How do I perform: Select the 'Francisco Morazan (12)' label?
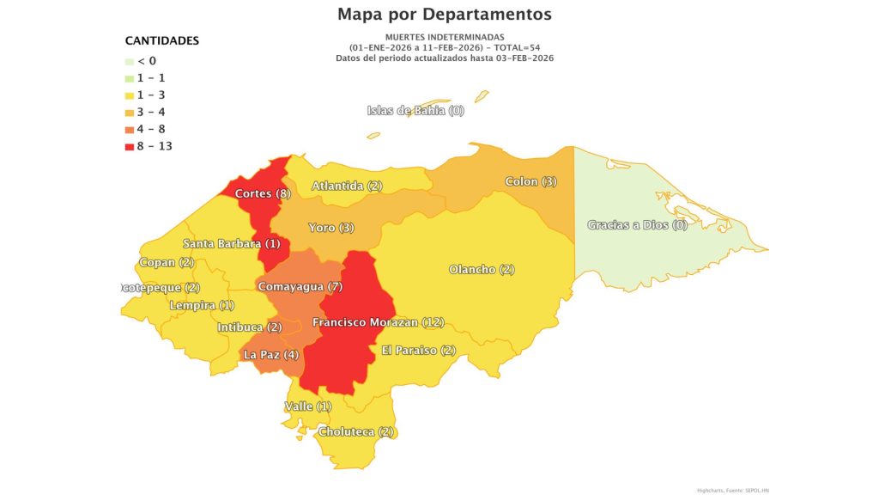click(378, 322)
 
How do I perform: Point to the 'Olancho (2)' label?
click(482, 270)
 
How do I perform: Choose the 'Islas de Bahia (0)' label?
click(415, 110)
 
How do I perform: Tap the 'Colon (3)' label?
click(530, 181)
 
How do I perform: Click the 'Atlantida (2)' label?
click(347, 186)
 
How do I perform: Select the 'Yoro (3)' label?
click(330, 228)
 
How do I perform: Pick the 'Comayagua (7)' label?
click(300, 285)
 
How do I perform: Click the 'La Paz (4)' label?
click(271, 354)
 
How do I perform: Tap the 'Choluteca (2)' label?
click(355, 431)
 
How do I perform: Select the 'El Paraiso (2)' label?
click(420, 350)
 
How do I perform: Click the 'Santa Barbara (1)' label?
click(231, 244)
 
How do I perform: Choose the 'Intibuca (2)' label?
click(249, 327)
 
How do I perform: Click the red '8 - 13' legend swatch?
click(130, 146)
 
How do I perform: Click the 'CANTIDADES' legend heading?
click(162, 40)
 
